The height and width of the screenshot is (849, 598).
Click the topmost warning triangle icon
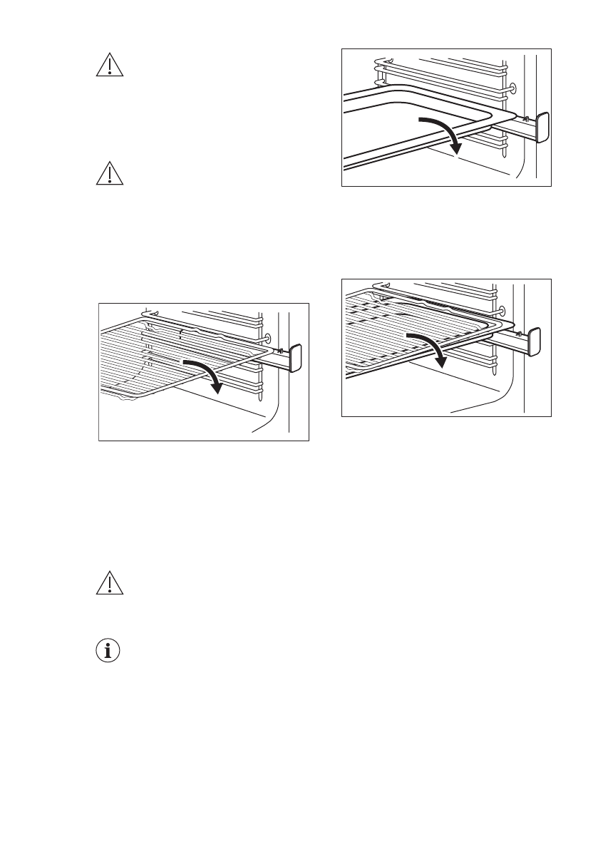point(109,65)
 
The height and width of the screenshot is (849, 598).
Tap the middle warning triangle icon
point(109,174)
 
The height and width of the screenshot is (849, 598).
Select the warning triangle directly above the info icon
point(109,583)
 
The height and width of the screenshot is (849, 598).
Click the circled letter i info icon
point(109,652)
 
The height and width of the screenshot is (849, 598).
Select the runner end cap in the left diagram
point(296,357)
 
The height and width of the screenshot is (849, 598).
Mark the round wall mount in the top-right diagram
point(511,89)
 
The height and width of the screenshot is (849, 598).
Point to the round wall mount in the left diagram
point(267,338)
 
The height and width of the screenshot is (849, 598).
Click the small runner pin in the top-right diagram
point(525,118)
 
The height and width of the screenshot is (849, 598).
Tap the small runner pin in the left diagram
point(280,349)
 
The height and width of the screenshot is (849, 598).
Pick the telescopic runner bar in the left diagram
point(274,362)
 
